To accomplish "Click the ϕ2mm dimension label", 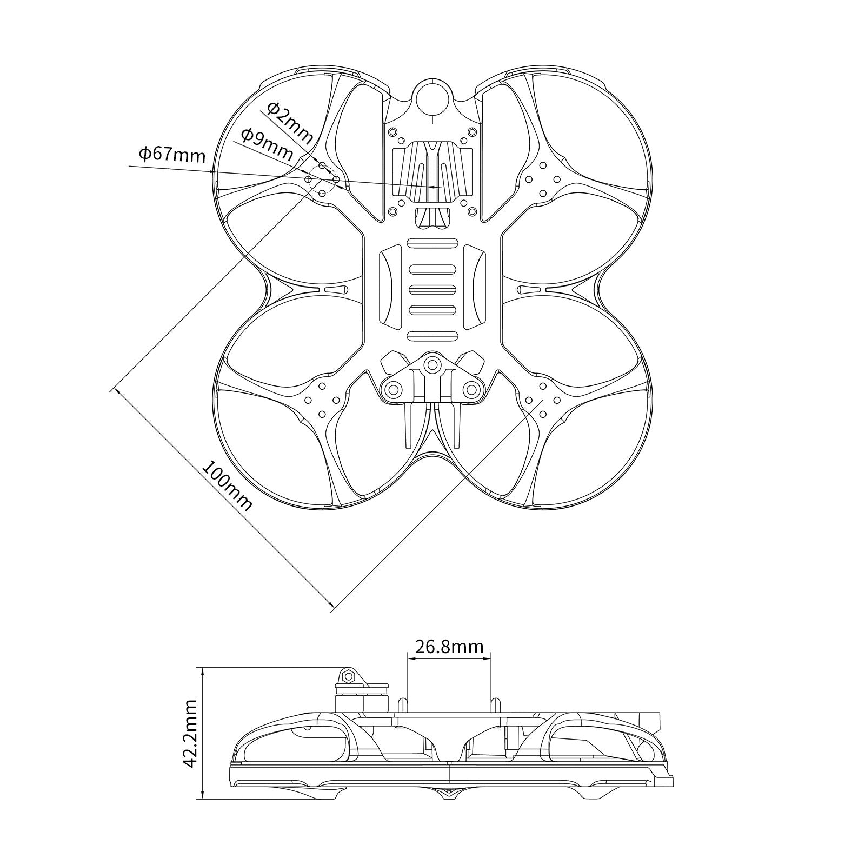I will pos(290,124).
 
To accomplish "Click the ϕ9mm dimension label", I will pos(267,144).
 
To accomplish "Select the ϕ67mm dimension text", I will pos(172,155).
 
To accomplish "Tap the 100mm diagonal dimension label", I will pos(227,485).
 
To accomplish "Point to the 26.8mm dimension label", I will pos(449,646).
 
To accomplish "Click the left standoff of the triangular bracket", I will pos(394,389).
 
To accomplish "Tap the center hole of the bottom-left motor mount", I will pos(323,400).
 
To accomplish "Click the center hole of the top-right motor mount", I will pos(543,179).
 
